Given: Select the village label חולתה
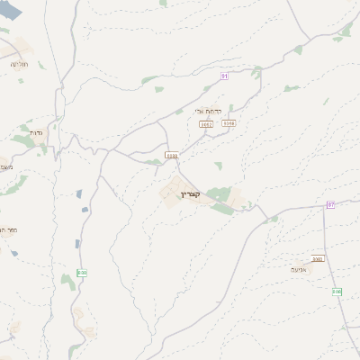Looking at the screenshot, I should click(19, 64).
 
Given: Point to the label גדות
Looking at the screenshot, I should click(36, 132).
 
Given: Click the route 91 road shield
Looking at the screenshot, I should click(224, 76).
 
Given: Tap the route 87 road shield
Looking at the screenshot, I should click(331, 205).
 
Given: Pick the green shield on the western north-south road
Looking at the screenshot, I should click(82, 273).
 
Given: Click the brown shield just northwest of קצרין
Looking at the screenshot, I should click(172, 155).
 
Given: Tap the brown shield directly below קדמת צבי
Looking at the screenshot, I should click(206, 124).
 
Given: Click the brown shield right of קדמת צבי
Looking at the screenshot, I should click(229, 123).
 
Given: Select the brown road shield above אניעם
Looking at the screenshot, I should click(319, 258).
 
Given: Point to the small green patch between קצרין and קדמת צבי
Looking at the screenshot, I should click(218, 166).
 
